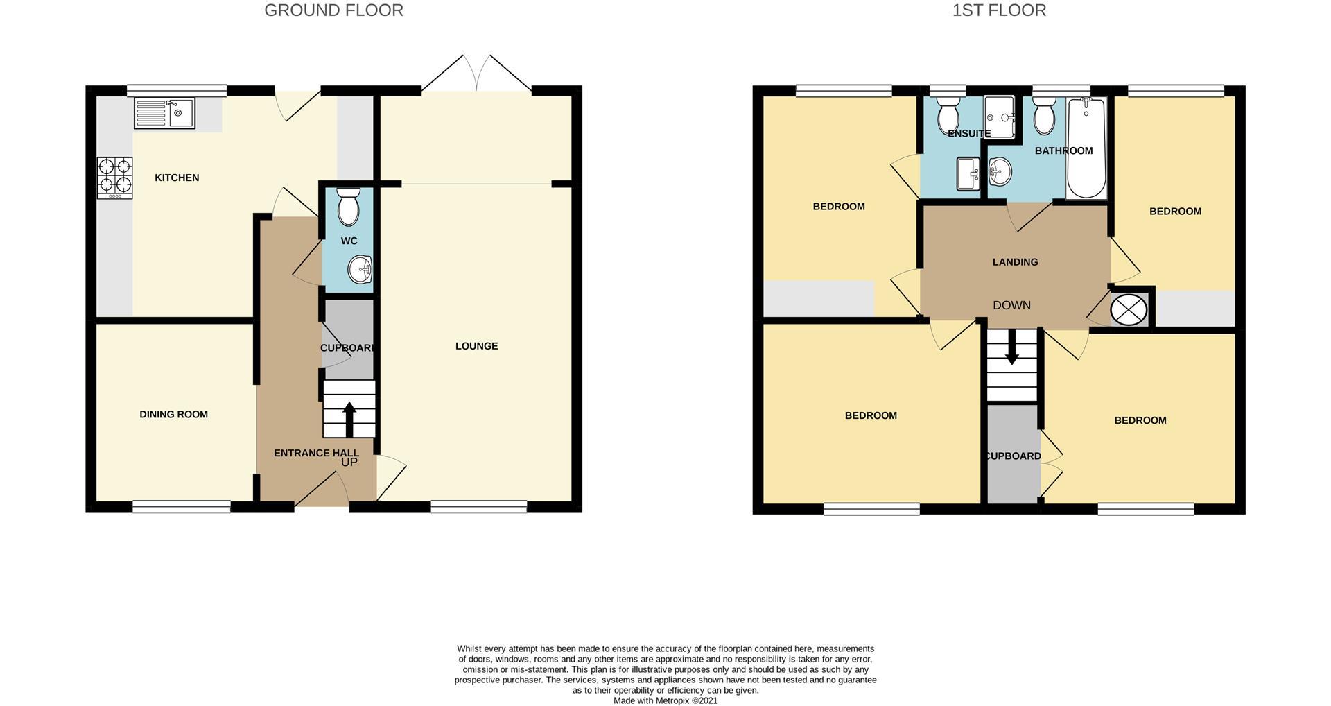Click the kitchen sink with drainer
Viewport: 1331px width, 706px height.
(165, 114)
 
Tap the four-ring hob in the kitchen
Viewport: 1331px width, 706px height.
(114, 176)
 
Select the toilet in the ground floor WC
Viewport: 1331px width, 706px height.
(348, 207)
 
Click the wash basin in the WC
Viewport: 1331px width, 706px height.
(360, 269)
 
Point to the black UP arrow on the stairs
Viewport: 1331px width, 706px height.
(349, 418)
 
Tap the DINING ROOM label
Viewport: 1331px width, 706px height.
(173, 415)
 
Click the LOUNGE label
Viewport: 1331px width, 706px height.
(476, 346)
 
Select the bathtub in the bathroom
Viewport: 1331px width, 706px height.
(1086, 148)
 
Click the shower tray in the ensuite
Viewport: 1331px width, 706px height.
(999, 117)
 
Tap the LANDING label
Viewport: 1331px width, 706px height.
(1015, 262)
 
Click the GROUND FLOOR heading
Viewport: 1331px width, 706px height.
(333, 10)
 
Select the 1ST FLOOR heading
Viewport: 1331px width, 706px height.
(998, 10)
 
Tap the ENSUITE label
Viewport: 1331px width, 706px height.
(968, 133)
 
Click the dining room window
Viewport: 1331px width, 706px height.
(182, 507)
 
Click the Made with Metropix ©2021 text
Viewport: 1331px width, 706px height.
(665, 700)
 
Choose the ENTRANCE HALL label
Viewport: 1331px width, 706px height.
(316, 453)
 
